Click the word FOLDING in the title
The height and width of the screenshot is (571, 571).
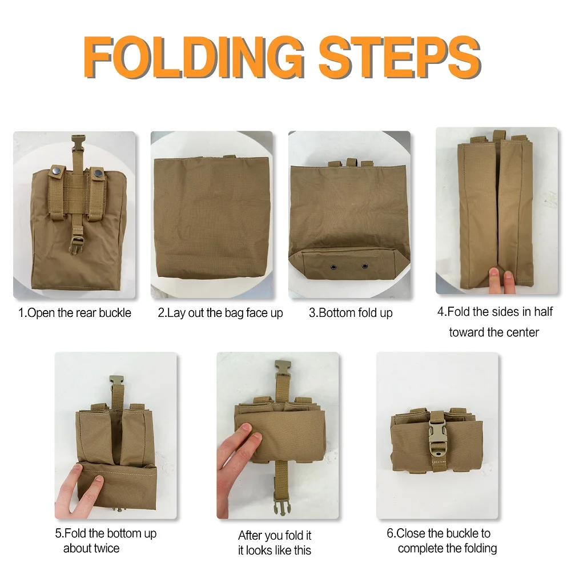(x=194, y=57)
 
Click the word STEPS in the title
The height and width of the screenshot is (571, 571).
(x=400, y=57)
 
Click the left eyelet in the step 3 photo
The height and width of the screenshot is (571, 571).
(x=333, y=268)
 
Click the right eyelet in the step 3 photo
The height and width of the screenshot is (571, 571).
(x=365, y=266)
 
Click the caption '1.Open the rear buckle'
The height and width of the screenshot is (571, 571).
(x=75, y=313)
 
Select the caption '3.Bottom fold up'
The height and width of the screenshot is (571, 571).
(x=351, y=313)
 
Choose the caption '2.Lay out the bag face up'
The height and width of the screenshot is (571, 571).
(x=220, y=313)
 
